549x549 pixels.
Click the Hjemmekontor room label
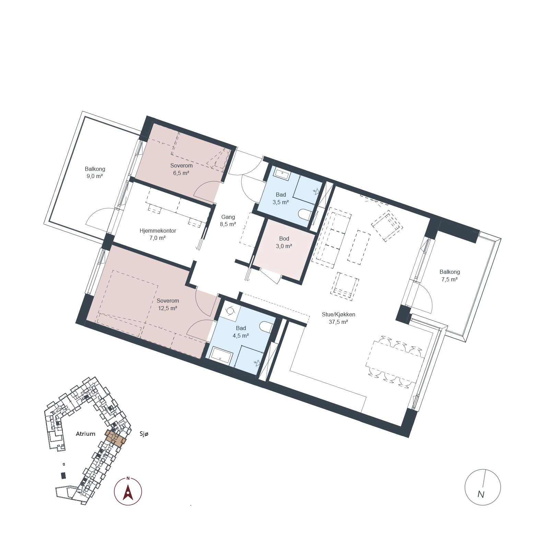point(158,231)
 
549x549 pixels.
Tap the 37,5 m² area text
point(338,322)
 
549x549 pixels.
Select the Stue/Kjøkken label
point(338,314)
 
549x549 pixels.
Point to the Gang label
point(228,217)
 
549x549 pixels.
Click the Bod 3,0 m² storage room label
point(284,242)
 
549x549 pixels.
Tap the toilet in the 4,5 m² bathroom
point(266,327)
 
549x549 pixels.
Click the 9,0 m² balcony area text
point(95,176)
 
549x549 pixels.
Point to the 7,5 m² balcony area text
point(449,279)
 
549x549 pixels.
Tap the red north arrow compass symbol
point(128,491)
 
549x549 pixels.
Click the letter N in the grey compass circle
point(481,494)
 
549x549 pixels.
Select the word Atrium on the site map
point(85,434)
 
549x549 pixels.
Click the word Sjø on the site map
point(144,434)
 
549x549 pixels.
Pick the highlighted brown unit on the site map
point(116,438)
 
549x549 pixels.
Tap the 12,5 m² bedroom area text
point(167,308)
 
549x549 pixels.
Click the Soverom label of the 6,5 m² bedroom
point(182,165)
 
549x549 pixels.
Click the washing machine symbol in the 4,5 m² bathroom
point(229,310)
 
